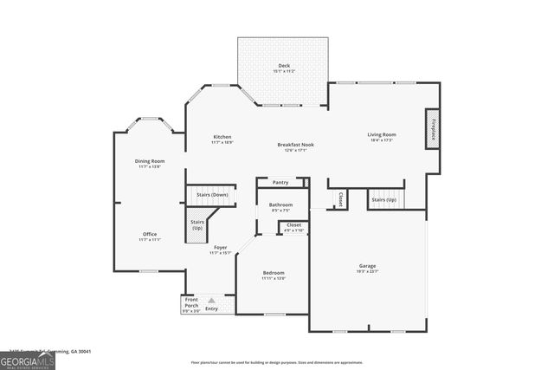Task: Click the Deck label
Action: (x=283, y=66)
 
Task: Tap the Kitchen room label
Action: (x=222, y=138)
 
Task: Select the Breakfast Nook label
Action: (x=295, y=145)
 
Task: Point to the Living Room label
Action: (x=382, y=134)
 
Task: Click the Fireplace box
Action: (x=433, y=127)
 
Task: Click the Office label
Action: (x=150, y=235)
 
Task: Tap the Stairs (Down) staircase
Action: (x=212, y=195)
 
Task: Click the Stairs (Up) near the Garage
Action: (x=384, y=199)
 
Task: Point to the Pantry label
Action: (x=280, y=183)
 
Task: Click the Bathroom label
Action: (x=280, y=206)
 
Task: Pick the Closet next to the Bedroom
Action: (x=293, y=227)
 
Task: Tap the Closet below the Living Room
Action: (x=341, y=198)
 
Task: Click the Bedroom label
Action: (x=274, y=275)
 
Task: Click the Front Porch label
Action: (x=191, y=304)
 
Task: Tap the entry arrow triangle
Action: (x=210, y=300)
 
